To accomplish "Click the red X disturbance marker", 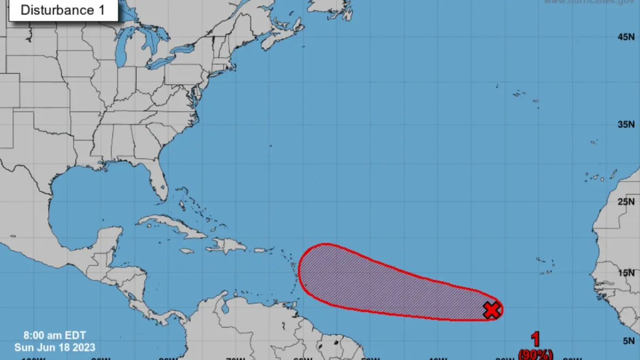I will pyautogui.click(x=492, y=310).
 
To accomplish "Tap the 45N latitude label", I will pyautogui.click(x=626, y=37).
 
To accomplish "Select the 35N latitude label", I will pyautogui.click(x=626, y=125).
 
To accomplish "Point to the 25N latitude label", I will pyautogui.click(x=626, y=202).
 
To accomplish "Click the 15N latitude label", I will pyautogui.click(x=626, y=273).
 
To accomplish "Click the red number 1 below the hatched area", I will pyautogui.click(x=535, y=340).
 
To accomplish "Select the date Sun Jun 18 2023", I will pyautogui.click(x=55, y=347).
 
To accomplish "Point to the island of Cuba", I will pyautogui.click(x=171, y=226).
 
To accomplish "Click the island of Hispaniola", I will pyautogui.click(x=227, y=246).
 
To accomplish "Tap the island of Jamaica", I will pyautogui.click(x=186, y=251).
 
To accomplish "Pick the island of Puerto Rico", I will pyautogui.click(x=260, y=250).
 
